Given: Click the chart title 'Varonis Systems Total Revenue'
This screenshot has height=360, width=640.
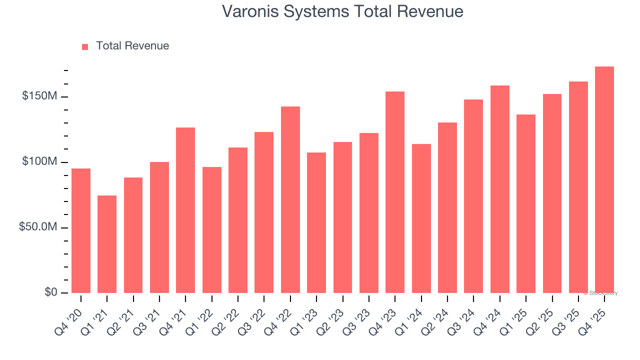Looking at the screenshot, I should (342, 11).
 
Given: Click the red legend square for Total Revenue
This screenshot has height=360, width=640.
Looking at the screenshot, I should (85, 46).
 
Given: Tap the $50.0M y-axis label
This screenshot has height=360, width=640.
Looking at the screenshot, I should (38, 227).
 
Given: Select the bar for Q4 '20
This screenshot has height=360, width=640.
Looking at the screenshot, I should (81, 230).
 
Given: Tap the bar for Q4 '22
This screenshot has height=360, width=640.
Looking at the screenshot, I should (290, 199).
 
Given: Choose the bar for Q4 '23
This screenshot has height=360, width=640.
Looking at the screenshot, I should (395, 192).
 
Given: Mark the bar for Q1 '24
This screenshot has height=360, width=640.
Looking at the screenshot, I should (421, 218).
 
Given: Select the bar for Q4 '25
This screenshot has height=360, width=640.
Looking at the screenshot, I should (604, 179).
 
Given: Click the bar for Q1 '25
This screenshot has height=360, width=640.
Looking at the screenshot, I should (526, 203).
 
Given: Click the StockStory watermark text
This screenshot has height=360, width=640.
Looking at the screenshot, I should (600, 293).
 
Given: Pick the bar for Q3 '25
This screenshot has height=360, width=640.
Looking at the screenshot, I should (578, 187).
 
